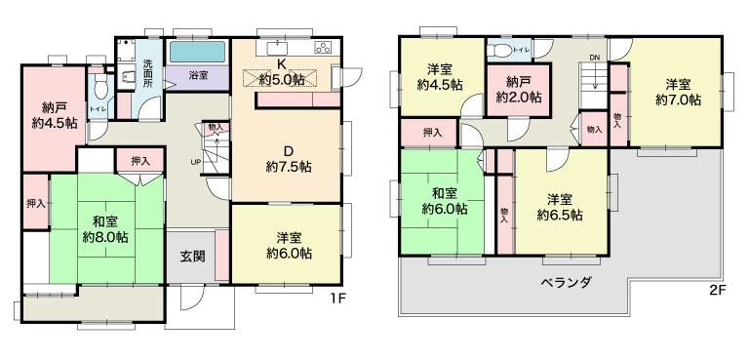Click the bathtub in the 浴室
coord(197,52)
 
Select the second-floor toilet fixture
coord(501,51)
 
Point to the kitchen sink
coord(276,49)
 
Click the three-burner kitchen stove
coord(323,48)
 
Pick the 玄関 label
coord(193,257)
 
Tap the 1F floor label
coord(337,299)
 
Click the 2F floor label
coord(719,290)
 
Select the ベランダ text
coord(566,282)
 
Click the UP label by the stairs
coord(196,162)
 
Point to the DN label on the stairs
coord(595,58)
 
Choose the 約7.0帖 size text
coord(678,100)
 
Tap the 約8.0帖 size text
coord(104,237)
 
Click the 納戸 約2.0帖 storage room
coord(519,90)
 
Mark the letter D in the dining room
coord(288,152)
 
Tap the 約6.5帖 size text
coord(560,215)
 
